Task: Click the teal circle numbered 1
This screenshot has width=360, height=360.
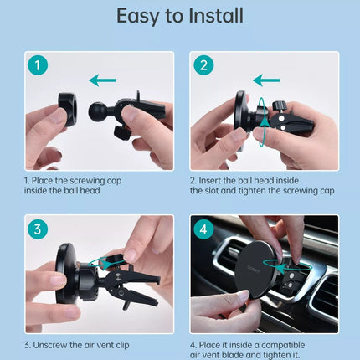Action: [x=38, y=65]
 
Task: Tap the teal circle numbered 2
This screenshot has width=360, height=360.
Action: [x=203, y=65]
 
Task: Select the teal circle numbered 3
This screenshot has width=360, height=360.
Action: [x=38, y=229]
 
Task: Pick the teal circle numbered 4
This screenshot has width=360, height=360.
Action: [x=203, y=229]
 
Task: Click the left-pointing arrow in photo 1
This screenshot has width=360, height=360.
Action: [x=102, y=80]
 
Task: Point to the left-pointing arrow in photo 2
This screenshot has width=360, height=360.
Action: [x=266, y=80]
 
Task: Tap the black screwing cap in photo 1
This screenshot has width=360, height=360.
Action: [x=68, y=110]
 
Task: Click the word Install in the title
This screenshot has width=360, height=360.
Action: [x=216, y=16]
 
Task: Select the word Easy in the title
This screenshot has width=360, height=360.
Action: [x=137, y=17]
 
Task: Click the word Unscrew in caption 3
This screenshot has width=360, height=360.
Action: [x=50, y=345]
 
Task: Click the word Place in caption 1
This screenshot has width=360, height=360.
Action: [x=42, y=181]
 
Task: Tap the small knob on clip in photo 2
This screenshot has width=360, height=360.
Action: [x=279, y=105]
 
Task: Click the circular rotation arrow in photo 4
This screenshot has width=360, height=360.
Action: [x=287, y=267]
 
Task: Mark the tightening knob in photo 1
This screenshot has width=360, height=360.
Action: [x=121, y=132]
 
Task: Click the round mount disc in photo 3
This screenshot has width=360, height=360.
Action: [x=64, y=274]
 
